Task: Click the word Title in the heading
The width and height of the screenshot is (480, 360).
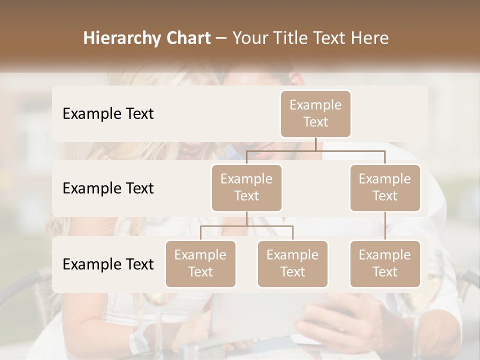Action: click(289, 38)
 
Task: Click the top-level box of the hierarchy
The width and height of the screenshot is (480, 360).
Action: click(315, 114)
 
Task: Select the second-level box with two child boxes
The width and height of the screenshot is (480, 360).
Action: click(246, 188)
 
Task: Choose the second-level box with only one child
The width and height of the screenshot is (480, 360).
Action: click(385, 188)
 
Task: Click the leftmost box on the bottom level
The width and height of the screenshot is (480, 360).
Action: click(200, 264)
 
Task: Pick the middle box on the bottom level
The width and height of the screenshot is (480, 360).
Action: click(292, 264)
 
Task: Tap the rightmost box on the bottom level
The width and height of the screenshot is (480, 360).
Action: click(385, 264)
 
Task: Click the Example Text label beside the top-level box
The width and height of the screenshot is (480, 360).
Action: click(108, 114)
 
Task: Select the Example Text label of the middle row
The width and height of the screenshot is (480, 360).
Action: click(108, 188)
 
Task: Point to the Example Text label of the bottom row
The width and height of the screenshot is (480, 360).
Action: click(108, 264)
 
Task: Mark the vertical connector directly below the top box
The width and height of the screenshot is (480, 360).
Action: click(315, 144)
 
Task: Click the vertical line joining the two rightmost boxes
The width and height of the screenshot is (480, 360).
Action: click(385, 226)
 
